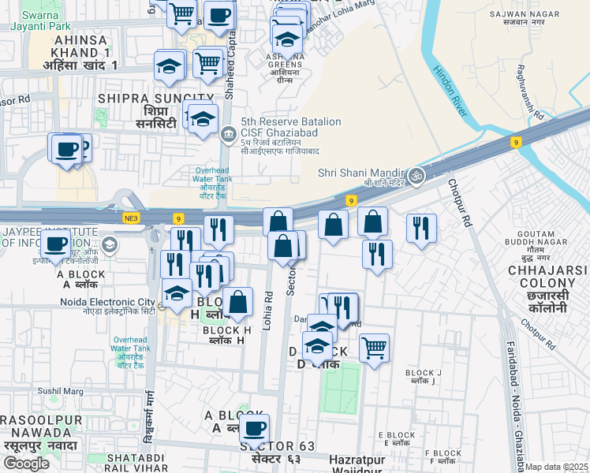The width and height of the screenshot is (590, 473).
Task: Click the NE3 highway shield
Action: tap(131, 218)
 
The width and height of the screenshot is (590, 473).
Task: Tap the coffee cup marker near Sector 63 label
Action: tap(254, 429)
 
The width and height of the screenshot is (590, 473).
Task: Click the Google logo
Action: tap(26, 464)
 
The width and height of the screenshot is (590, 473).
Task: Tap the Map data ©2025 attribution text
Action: tap(557, 467)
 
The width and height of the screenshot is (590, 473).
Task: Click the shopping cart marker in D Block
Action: tap(374, 347)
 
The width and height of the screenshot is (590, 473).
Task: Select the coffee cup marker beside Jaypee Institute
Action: tap(55, 244)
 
